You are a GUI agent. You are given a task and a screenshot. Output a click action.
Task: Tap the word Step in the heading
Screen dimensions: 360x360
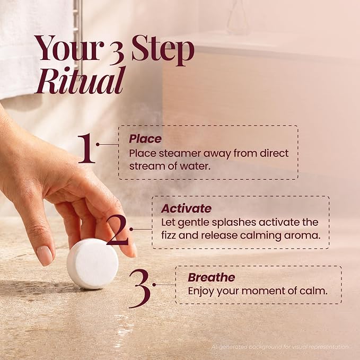coord(163,50)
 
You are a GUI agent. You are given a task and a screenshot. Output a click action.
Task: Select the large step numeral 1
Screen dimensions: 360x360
coord(86,148)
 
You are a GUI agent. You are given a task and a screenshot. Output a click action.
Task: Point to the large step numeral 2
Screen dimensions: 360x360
coord(117,230)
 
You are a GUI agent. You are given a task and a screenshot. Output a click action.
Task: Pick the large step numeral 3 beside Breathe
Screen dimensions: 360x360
coord(140,288)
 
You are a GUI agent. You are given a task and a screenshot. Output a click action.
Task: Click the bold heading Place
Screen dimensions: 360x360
coord(145,139)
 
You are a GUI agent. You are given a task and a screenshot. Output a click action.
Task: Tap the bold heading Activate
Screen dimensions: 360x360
coord(186,208)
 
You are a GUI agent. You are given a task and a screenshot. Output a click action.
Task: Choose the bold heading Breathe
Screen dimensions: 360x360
coord(212,277)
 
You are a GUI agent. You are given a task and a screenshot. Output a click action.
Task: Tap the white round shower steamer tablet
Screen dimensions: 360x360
coord(93,264)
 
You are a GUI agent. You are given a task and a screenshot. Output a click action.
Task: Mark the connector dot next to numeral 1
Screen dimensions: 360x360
coord(98,144)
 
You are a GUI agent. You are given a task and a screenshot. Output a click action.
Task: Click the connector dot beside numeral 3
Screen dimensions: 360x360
coord(154,285)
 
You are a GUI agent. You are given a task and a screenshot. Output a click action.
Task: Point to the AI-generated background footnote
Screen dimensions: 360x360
coord(280,347)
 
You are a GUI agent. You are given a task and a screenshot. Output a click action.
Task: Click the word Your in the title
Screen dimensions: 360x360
coord(68,48)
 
